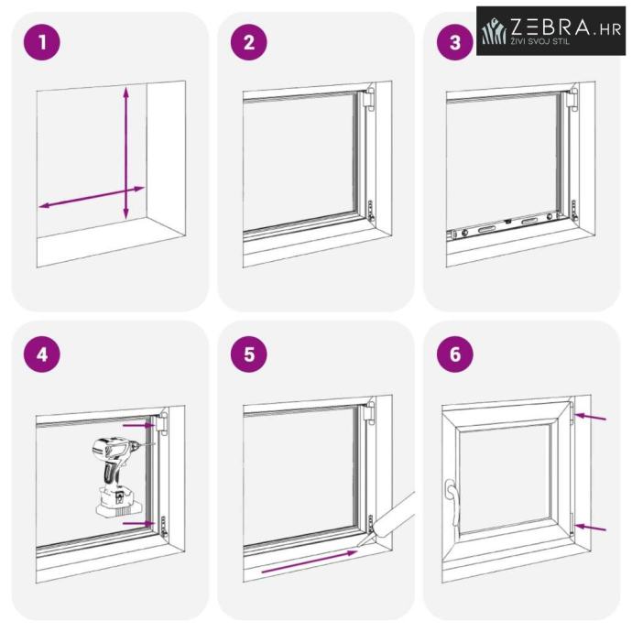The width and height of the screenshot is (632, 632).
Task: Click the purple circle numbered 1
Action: coord(42,42)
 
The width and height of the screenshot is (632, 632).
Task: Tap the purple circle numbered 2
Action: coord(249,42)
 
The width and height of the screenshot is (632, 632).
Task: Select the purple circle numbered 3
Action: coord(455,42)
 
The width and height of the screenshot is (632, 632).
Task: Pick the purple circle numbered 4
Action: coord(42,354)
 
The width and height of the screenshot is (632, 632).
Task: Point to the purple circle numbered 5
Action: coord(249,354)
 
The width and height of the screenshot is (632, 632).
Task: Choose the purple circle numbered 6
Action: coord(455,354)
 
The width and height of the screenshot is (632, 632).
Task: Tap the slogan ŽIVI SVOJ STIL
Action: coord(540,41)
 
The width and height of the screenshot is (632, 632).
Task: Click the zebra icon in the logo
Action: coord(495,31)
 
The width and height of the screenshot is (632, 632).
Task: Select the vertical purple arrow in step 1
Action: coord(126,153)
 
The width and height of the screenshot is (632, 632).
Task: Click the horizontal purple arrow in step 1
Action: coord(92,197)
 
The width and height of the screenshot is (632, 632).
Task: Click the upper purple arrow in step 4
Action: coord(138,425)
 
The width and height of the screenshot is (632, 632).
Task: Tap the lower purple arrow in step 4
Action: coord(138,523)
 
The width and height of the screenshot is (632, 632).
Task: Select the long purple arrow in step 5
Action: coord(310,561)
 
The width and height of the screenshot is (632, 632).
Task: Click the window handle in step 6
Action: coord(452,501)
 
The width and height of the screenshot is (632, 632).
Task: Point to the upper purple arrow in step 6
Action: coord(590,417)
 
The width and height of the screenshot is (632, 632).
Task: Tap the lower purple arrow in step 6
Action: coord(590,528)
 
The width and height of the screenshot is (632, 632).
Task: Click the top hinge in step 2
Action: coord(367,97)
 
